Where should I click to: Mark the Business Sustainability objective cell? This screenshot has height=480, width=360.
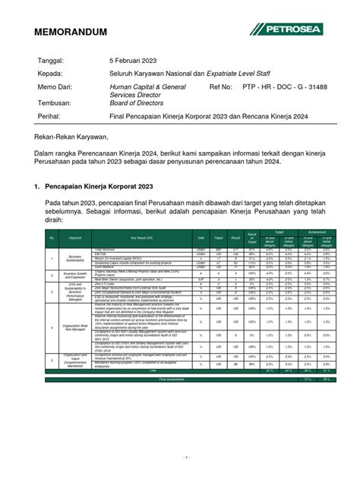tap(75, 258)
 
